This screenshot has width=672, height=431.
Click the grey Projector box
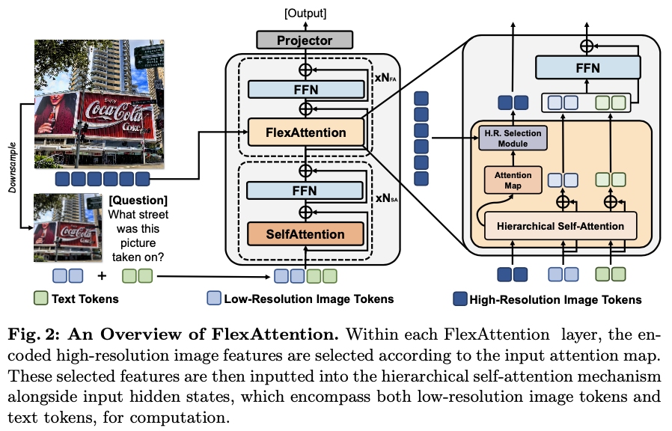305,39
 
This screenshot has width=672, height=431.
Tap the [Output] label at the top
305,13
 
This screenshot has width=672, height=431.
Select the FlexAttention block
305,132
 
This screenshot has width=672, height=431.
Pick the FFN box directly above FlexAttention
305,89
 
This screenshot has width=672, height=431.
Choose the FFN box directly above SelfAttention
305,190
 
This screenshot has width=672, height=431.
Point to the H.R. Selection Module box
513,137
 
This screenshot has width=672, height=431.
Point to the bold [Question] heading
138,201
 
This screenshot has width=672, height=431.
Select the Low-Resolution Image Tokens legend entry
299,299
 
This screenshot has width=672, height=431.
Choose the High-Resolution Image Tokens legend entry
548,300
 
